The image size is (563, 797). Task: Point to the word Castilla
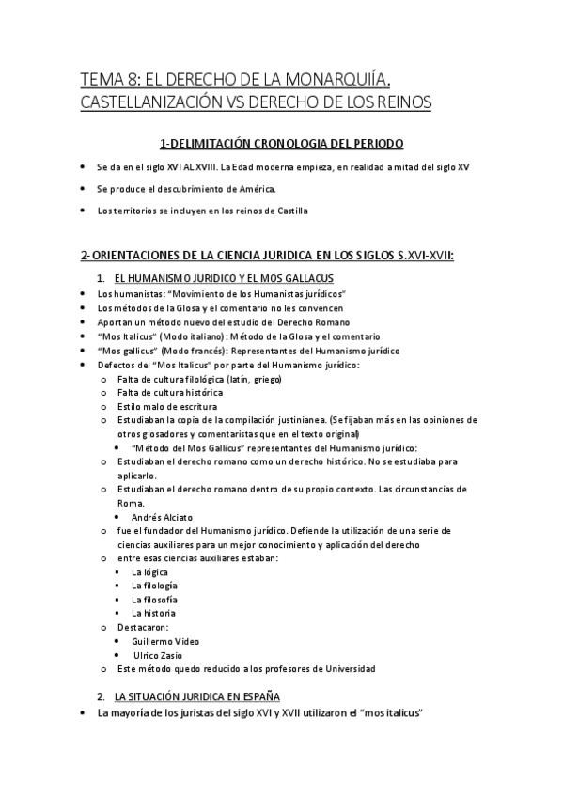click(x=289, y=211)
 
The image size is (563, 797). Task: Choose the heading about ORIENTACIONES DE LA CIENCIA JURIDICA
click(x=267, y=256)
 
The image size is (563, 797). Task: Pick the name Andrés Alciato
click(x=162, y=517)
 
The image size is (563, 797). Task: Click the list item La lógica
click(x=150, y=571)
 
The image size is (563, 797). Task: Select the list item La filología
click(x=153, y=586)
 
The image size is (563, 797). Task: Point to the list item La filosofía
click(x=154, y=600)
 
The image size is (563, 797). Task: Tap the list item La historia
click(x=153, y=613)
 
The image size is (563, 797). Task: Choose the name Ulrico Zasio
click(x=158, y=655)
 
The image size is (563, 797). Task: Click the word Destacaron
click(x=141, y=627)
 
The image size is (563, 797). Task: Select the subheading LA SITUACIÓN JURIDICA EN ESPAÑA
click(x=196, y=696)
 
